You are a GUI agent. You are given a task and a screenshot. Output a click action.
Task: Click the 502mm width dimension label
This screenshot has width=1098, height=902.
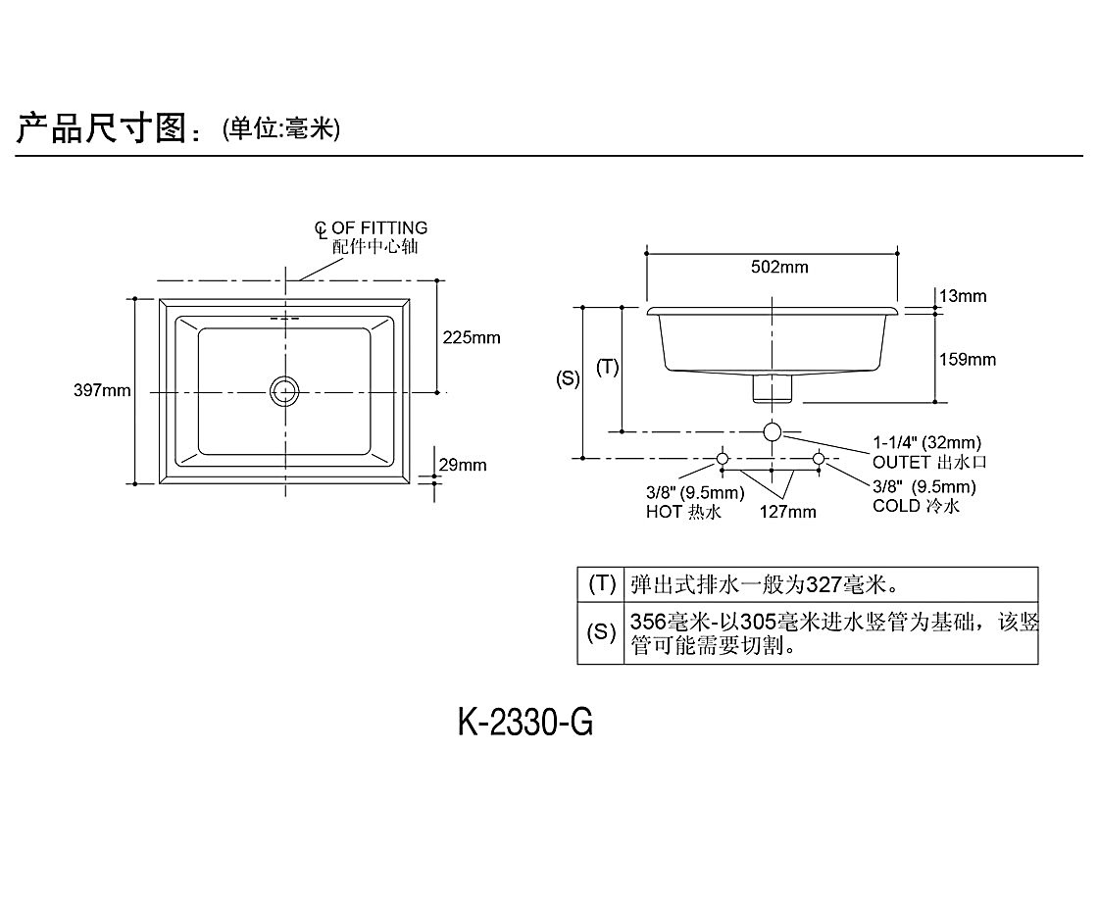click(x=780, y=267)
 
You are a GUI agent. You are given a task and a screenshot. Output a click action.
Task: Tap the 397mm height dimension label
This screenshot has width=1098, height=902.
click(x=102, y=391)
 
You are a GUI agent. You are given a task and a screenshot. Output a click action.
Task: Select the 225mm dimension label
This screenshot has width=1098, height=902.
click(x=471, y=338)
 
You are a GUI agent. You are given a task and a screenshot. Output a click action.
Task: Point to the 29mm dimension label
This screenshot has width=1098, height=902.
click(x=463, y=465)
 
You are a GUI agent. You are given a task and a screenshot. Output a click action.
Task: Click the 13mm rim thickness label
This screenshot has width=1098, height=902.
click(x=962, y=296)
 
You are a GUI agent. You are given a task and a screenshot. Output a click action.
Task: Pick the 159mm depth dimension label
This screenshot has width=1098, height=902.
click(x=968, y=360)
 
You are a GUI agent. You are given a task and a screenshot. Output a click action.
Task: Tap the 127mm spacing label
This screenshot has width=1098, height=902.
click(x=787, y=511)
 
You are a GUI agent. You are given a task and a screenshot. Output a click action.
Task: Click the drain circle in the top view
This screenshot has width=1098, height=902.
click(x=284, y=390)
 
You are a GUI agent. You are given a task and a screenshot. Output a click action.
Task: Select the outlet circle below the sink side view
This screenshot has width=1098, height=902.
click(x=773, y=431)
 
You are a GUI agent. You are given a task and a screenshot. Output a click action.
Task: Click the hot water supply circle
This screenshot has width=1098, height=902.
click(x=723, y=458)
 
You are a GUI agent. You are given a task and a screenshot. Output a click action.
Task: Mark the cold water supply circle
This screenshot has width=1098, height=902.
click(x=820, y=458)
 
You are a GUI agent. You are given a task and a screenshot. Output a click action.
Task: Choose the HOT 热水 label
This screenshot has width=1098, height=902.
click(x=683, y=512)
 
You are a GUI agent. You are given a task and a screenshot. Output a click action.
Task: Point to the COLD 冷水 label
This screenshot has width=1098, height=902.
click(x=916, y=507)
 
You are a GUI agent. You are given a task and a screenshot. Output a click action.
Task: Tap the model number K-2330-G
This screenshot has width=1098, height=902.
click(x=525, y=724)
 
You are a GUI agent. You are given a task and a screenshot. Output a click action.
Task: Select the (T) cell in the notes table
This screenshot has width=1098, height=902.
click(x=601, y=584)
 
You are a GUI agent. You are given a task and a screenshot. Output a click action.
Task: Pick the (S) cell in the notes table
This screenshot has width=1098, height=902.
click(x=601, y=632)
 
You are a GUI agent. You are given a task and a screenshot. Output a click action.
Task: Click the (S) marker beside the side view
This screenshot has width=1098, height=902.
click(x=568, y=378)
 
